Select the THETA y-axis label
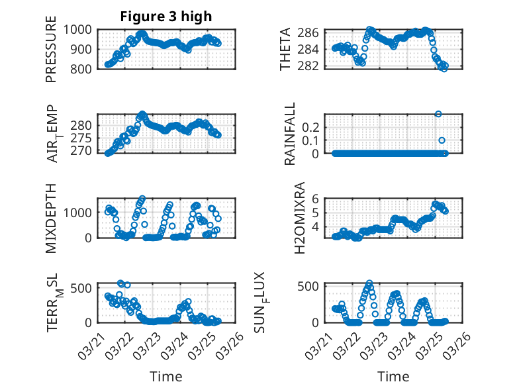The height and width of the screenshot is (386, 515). (x=285, y=49)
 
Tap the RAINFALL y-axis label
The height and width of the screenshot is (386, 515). (x=289, y=134)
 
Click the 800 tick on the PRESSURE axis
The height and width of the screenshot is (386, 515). (x=83, y=68)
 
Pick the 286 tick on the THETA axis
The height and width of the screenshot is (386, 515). (x=312, y=32)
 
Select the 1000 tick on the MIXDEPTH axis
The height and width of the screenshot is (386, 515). (x=80, y=212)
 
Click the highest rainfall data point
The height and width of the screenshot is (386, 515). (x=438, y=114)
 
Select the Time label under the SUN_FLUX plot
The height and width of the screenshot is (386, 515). (x=393, y=377)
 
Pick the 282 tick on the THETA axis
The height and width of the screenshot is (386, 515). (x=312, y=66)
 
